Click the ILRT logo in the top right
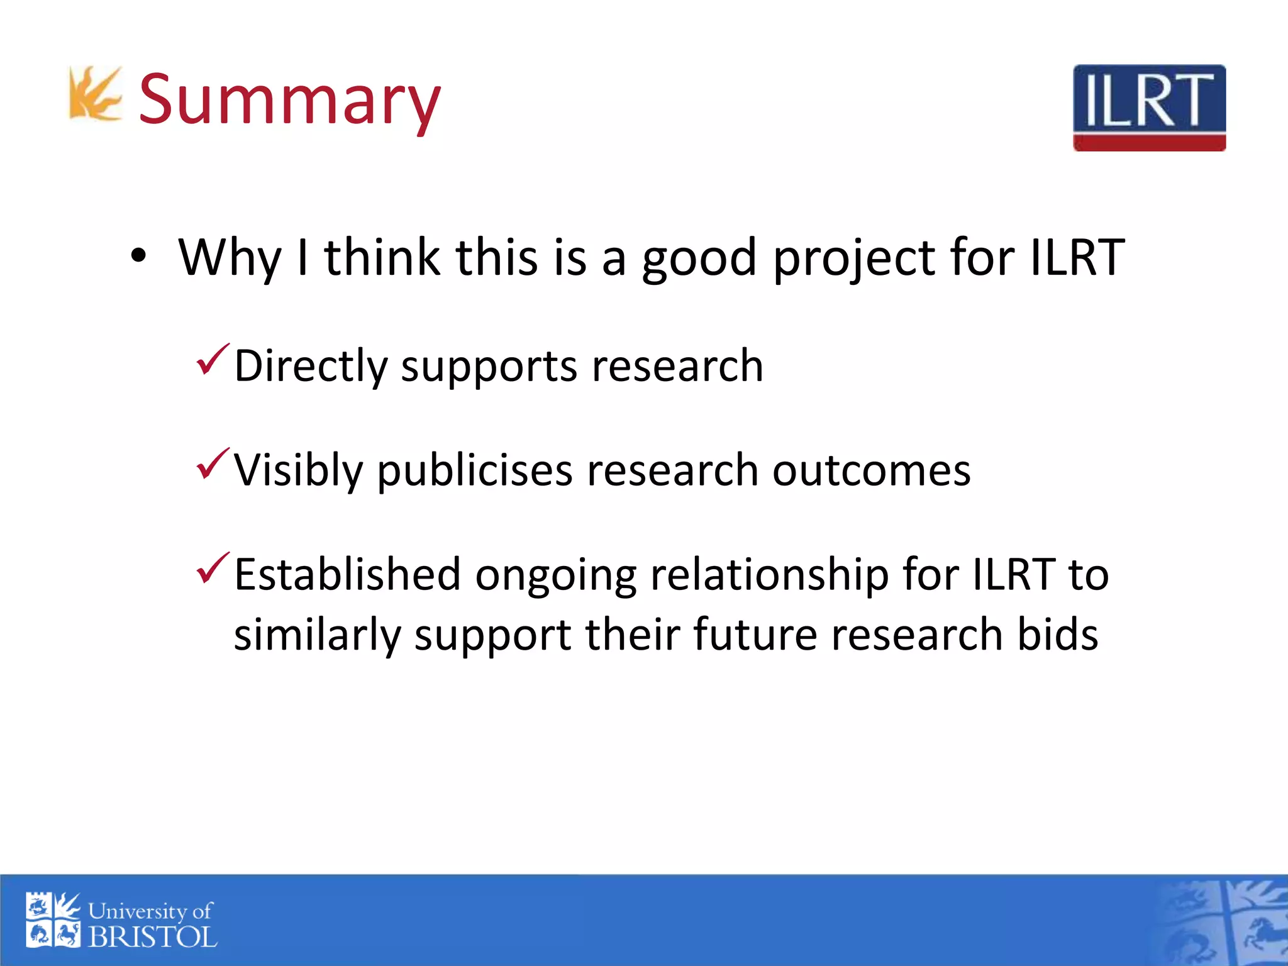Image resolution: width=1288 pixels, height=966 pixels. coord(1149,108)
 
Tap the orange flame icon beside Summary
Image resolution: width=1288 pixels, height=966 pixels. coord(94,94)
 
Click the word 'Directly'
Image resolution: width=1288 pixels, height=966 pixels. coord(311,367)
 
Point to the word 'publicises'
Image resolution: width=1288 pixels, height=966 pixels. coord(475,470)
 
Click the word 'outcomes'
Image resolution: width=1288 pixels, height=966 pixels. coord(871,470)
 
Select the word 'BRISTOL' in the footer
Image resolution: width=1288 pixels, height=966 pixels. coord(152,938)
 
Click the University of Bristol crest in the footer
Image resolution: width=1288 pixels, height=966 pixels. coord(53,920)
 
